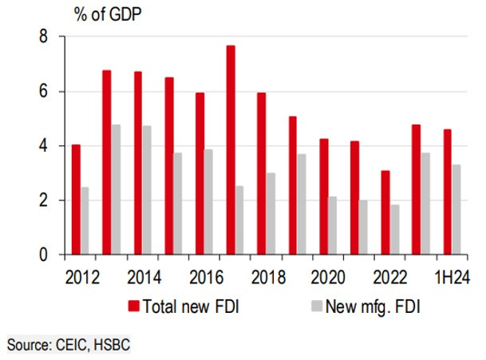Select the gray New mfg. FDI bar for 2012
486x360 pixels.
pos(85,221)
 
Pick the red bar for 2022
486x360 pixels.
pos(385,212)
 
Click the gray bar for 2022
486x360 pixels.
pos(395,230)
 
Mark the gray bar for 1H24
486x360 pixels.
pos(456,209)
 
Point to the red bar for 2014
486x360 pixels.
pos(138,163)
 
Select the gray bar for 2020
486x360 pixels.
pos(333,226)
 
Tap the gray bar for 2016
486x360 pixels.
pos(208,202)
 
